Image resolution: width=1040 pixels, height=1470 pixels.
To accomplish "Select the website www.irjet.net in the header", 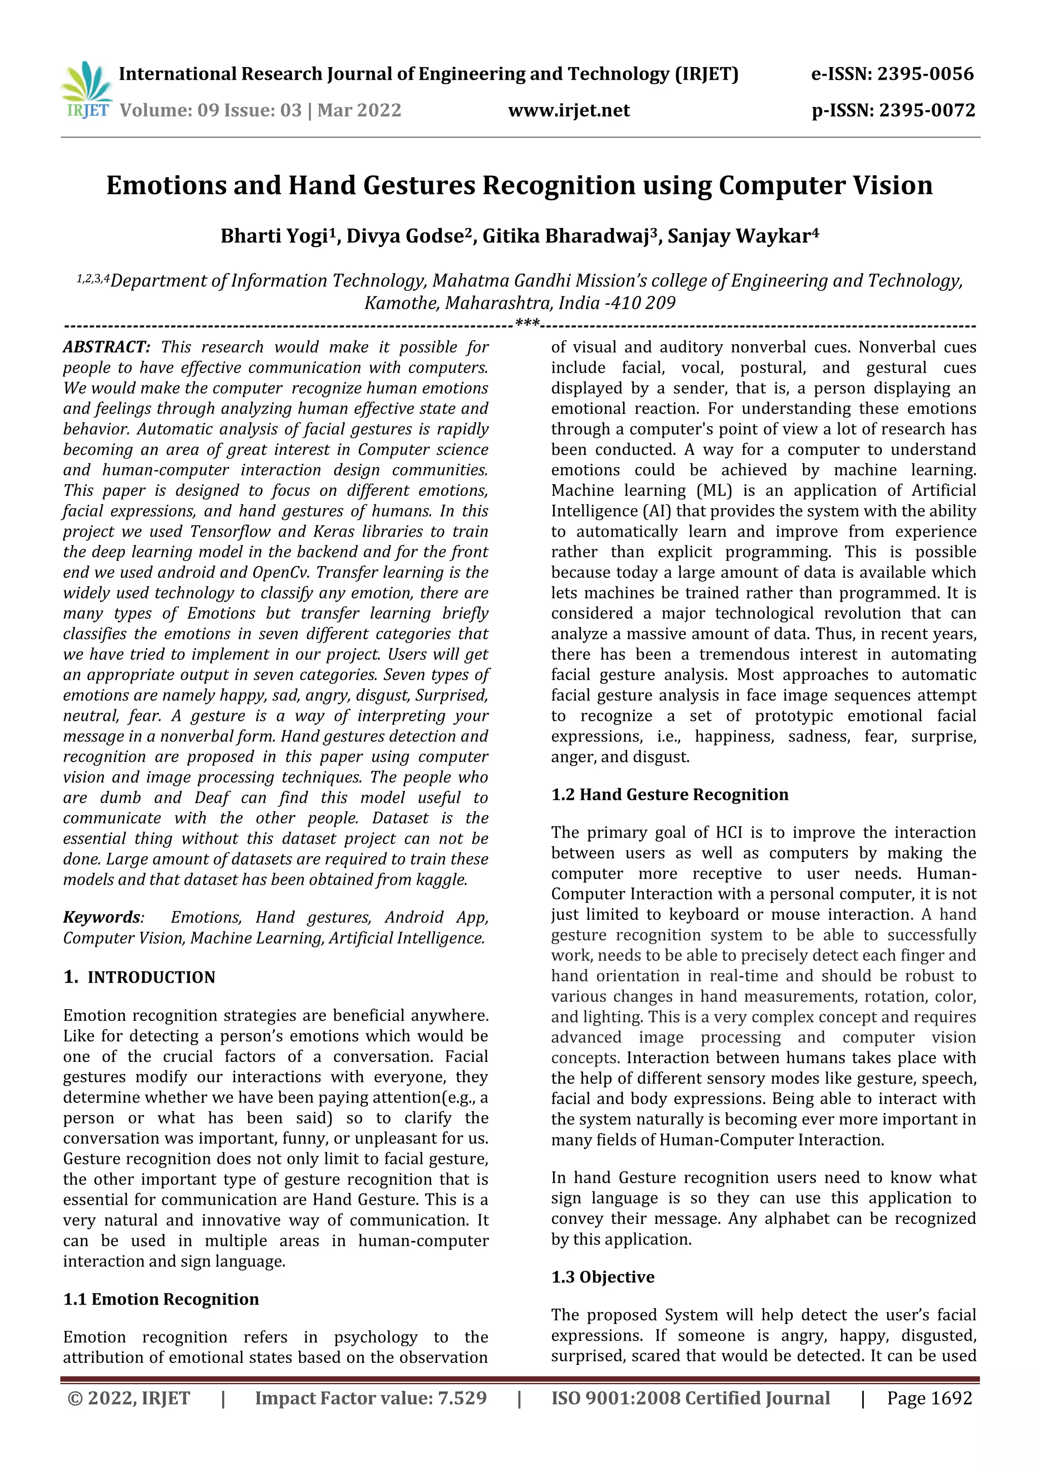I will [569, 111].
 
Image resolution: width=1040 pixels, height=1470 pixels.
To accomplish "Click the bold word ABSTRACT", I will [106, 347].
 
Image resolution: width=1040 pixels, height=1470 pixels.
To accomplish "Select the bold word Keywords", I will [101, 917].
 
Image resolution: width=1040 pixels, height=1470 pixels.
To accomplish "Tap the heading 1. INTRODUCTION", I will [140, 978].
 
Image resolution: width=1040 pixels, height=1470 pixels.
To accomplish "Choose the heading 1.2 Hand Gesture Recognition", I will [669, 794].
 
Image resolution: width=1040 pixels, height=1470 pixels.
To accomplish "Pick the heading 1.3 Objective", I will [603, 1277].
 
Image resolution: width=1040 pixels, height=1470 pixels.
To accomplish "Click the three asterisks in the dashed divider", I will [528, 324].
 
